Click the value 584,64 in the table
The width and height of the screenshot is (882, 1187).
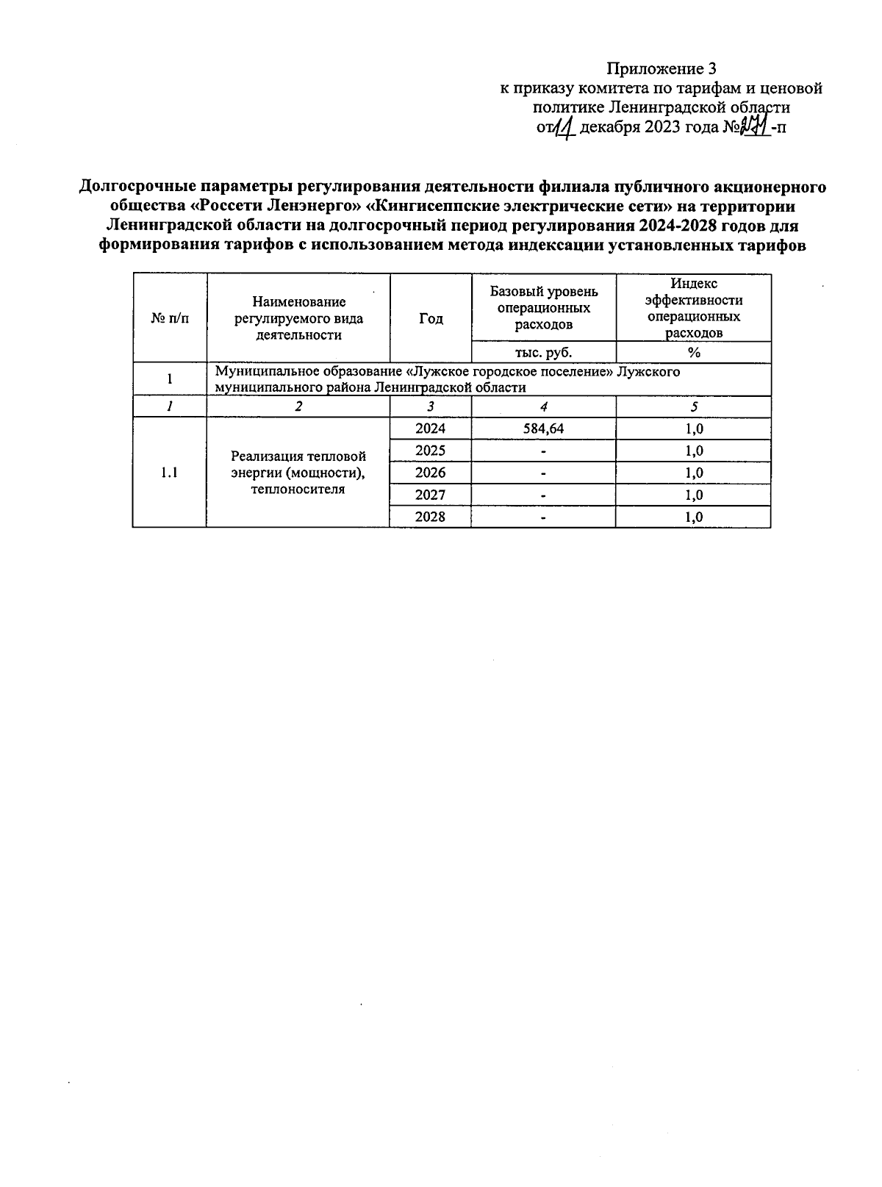[x=543, y=428]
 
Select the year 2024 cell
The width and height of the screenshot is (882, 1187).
[x=430, y=428]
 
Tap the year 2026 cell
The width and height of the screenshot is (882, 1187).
[x=430, y=473]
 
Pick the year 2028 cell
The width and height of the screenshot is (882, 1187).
[x=430, y=517]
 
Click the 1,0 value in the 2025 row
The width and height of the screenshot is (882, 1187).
[x=693, y=451]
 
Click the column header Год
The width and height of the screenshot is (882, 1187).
[x=431, y=318]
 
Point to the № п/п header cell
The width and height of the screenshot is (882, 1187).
[x=169, y=318]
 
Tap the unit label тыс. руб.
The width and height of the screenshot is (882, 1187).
[x=543, y=352]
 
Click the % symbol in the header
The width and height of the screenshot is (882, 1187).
[x=693, y=352]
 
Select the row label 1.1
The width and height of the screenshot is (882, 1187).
[x=169, y=473]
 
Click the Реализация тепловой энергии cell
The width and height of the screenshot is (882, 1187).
[x=298, y=473]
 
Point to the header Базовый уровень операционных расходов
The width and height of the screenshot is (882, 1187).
[x=543, y=307]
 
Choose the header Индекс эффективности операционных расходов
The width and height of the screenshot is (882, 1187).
[x=693, y=308]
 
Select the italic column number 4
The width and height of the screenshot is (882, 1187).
[x=543, y=406]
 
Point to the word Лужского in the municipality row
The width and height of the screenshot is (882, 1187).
[x=648, y=372]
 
